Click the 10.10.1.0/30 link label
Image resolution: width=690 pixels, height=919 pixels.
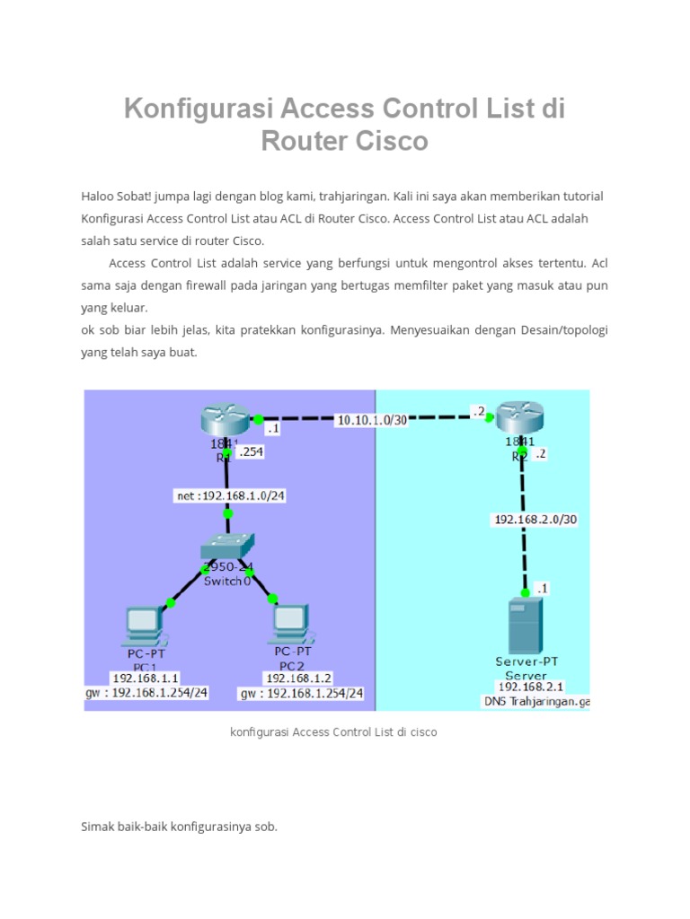tap(371, 419)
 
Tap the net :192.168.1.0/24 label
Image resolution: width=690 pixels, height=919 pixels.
tap(229, 495)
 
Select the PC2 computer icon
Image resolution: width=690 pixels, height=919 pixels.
tap(290, 623)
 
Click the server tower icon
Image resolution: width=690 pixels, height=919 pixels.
tap(526, 626)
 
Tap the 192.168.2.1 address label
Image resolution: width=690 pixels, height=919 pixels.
tap(529, 687)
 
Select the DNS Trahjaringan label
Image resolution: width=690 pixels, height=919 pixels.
tap(536, 701)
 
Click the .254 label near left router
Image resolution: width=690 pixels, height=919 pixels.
tap(251, 452)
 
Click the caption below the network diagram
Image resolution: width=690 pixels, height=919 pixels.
tap(333, 731)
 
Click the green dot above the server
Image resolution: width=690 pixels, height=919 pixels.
tap(526, 592)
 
